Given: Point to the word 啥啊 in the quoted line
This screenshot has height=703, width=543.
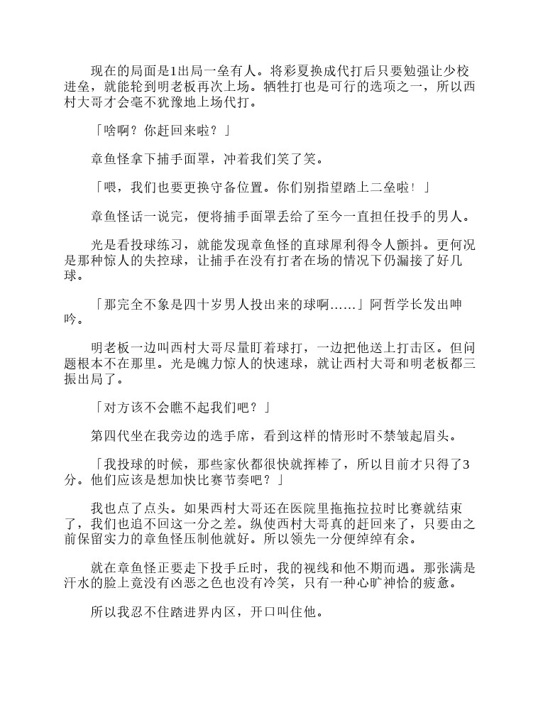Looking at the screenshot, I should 116,131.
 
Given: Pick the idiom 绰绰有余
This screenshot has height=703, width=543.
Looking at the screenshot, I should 395,540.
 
